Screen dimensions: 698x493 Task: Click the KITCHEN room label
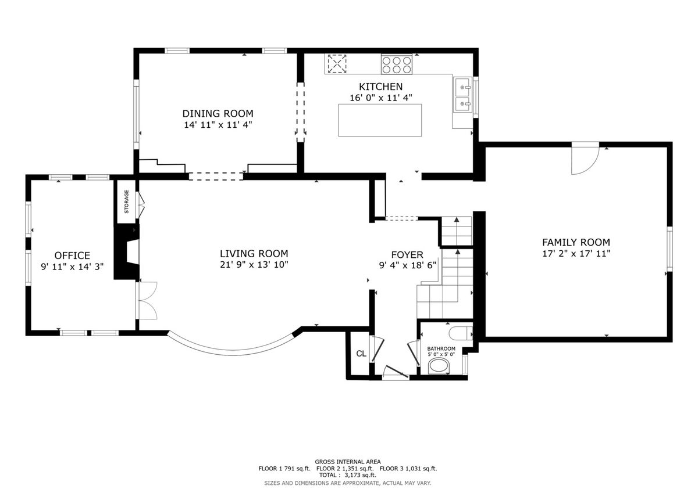pyautogui.click(x=380, y=87)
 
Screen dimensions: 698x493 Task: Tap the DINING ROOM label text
pyautogui.click(x=218, y=114)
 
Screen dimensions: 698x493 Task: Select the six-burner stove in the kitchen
pyautogui.click(x=397, y=64)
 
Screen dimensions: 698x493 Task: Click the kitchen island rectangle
pyautogui.click(x=380, y=120)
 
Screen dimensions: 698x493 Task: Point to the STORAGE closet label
pyautogui.click(x=127, y=201)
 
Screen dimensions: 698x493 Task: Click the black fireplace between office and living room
pyautogui.click(x=126, y=252)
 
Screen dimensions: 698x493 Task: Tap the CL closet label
pyautogui.click(x=361, y=354)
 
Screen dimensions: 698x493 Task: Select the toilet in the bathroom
pyautogui.click(x=461, y=333)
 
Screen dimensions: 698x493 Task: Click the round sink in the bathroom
pyautogui.click(x=439, y=366)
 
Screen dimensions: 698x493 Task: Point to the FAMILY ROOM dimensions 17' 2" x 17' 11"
pyautogui.click(x=576, y=254)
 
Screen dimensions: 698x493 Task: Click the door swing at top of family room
pyautogui.click(x=585, y=159)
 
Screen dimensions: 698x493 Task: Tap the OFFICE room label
pyautogui.click(x=72, y=256)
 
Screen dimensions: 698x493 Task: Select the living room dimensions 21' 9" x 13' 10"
pyautogui.click(x=254, y=265)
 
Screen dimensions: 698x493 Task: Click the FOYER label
pyautogui.click(x=407, y=255)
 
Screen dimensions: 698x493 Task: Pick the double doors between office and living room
pyautogui.click(x=147, y=300)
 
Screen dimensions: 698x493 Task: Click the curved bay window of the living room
pyautogui.click(x=231, y=351)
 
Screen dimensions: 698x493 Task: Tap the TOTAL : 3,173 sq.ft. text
pyautogui.click(x=347, y=475)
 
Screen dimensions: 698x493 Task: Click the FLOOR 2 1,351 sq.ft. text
pyautogui.click(x=345, y=469)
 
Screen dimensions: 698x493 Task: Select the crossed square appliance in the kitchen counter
pyautogui.click(x=337, y=64)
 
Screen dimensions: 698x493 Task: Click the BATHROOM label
pyautogui.click(x=441, y=348)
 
